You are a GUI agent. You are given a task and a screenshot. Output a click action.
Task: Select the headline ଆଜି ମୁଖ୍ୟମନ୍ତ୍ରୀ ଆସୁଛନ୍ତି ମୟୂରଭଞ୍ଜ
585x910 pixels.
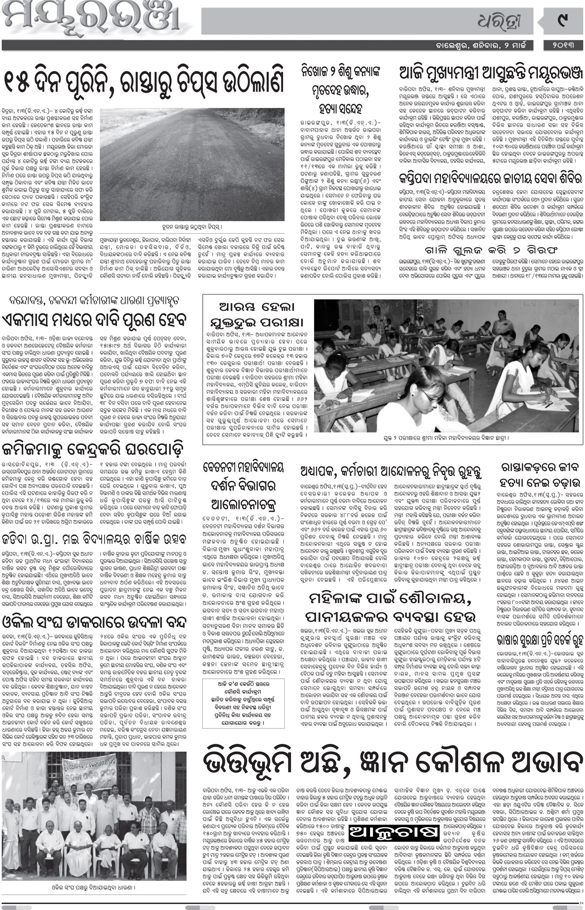(x=490, y=73)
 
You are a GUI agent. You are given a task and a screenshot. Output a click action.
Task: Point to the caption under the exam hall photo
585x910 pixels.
(x=446, y=438)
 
